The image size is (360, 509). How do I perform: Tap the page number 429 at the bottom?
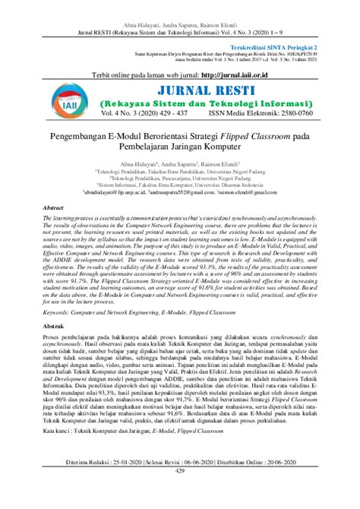click(x=180, y=492)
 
